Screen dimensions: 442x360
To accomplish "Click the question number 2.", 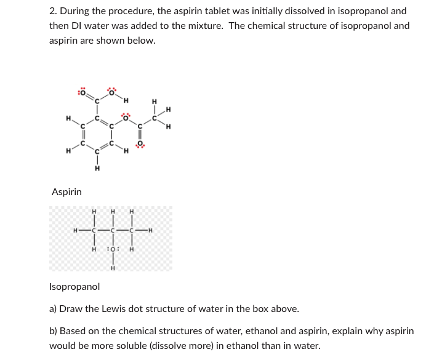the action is point(52,12).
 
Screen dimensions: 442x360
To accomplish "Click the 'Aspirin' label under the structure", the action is point(66,192).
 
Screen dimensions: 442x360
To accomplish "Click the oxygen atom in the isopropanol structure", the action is point(113,249).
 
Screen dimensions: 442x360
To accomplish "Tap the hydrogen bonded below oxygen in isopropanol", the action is point(113,268).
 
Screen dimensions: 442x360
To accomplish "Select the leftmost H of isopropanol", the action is point(74,231).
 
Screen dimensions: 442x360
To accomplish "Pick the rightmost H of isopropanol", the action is point(150,231).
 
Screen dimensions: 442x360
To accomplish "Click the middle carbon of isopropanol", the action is point(113,231).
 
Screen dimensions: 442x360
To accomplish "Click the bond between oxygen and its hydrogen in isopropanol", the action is point(113,258).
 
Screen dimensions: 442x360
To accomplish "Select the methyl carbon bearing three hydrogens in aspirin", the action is point(155,116).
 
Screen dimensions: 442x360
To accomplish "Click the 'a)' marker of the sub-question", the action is point(53,308).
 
